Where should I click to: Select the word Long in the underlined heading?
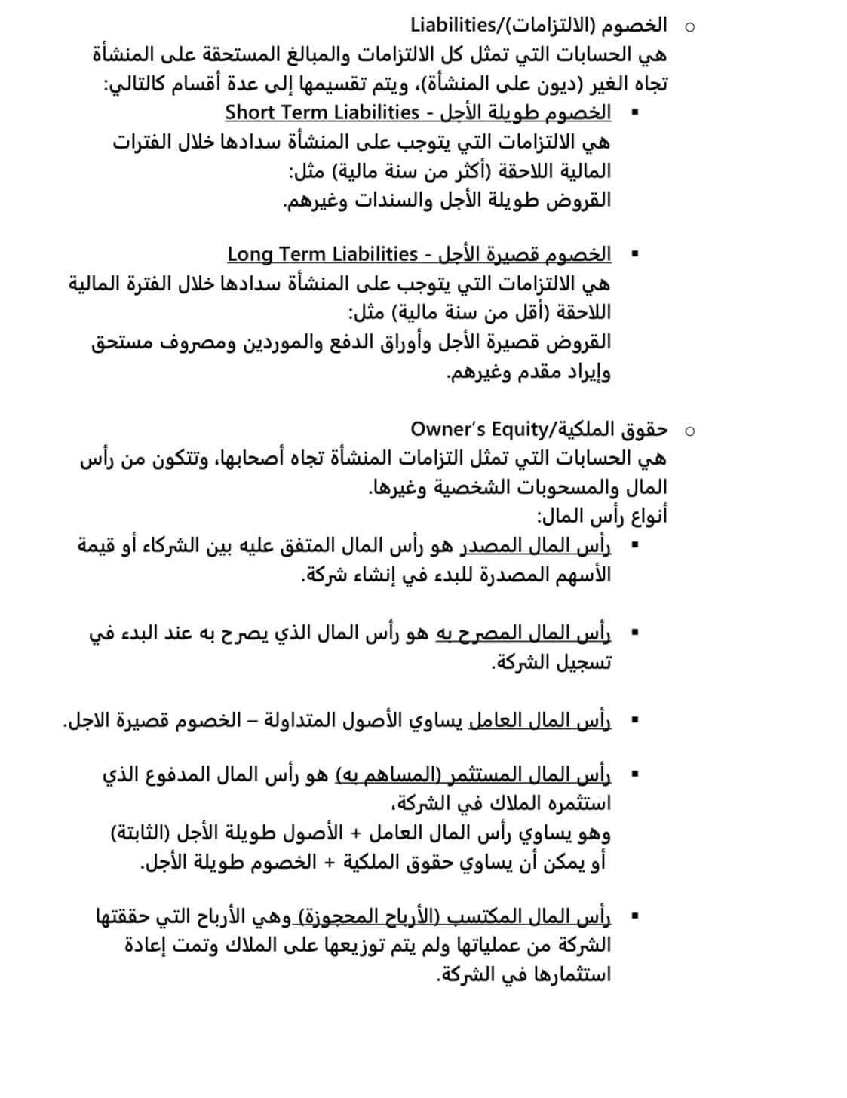[249, 254]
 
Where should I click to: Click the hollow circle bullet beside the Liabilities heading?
[689, 26]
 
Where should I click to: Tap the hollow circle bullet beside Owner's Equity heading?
[689, 431]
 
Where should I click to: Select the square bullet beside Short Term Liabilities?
[634, 113]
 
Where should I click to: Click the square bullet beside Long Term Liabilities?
[634, 255]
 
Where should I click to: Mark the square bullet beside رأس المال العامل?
[634, 722]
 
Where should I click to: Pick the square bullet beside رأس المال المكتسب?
[634, 917]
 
